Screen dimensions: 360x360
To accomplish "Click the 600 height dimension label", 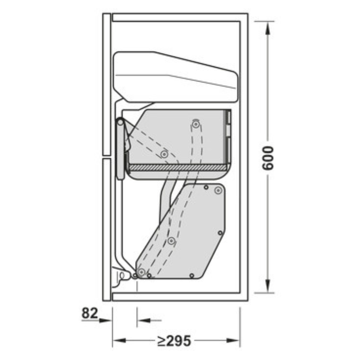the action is point(268,158).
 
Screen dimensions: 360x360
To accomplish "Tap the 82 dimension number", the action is point(90,313).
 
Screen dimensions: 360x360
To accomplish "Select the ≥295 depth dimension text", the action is point(174,340).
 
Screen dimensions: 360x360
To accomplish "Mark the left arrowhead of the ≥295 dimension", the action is point(119,340).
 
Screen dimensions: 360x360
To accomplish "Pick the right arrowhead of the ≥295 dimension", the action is point(233,340).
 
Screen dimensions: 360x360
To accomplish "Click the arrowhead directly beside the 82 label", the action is point(105,320).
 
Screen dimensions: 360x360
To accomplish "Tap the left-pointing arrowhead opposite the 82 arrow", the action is point(144,320).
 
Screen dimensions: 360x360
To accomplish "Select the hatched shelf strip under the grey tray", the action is point(178,168).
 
